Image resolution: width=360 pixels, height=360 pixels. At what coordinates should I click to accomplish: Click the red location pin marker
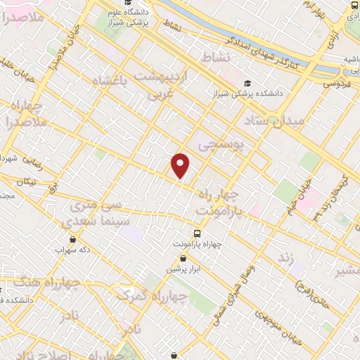coord(181,165)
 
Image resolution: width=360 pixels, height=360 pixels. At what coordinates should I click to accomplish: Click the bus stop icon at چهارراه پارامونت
coord(197,233)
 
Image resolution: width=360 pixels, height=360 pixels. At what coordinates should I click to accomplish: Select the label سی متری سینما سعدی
coord(98,214)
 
